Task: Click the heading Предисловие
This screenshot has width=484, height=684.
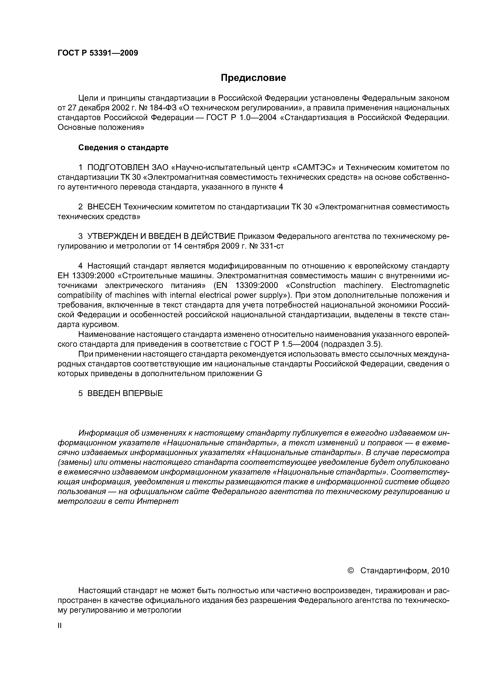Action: [253, 78]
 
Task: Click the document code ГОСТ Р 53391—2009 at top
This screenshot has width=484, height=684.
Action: [98, 53]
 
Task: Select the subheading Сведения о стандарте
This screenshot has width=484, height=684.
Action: [123, 147]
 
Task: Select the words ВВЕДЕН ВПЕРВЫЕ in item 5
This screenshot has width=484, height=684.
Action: [125, 393]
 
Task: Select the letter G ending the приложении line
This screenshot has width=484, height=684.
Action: [259, 374]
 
